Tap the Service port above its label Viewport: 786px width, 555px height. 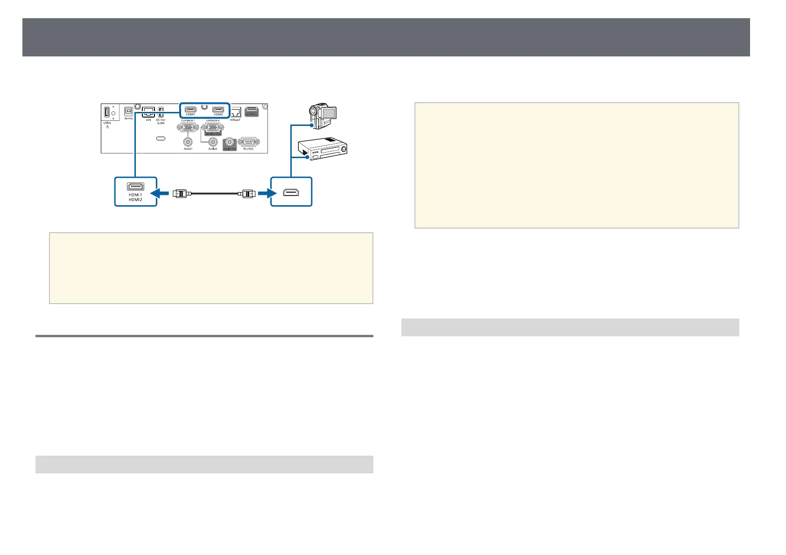[x=128, y=112]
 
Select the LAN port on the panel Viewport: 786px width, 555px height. [x=148, y=112]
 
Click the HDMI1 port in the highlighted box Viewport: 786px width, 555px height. [x=190, y=110]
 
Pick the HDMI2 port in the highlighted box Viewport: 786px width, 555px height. [x=218, y=110]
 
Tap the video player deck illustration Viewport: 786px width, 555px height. [x=325, y=152]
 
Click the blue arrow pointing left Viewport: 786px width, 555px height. [x=164, y=192]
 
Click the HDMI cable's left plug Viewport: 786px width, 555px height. [x=181, y=193]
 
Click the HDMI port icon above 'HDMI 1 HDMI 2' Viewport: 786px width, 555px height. [x=135, y=187]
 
